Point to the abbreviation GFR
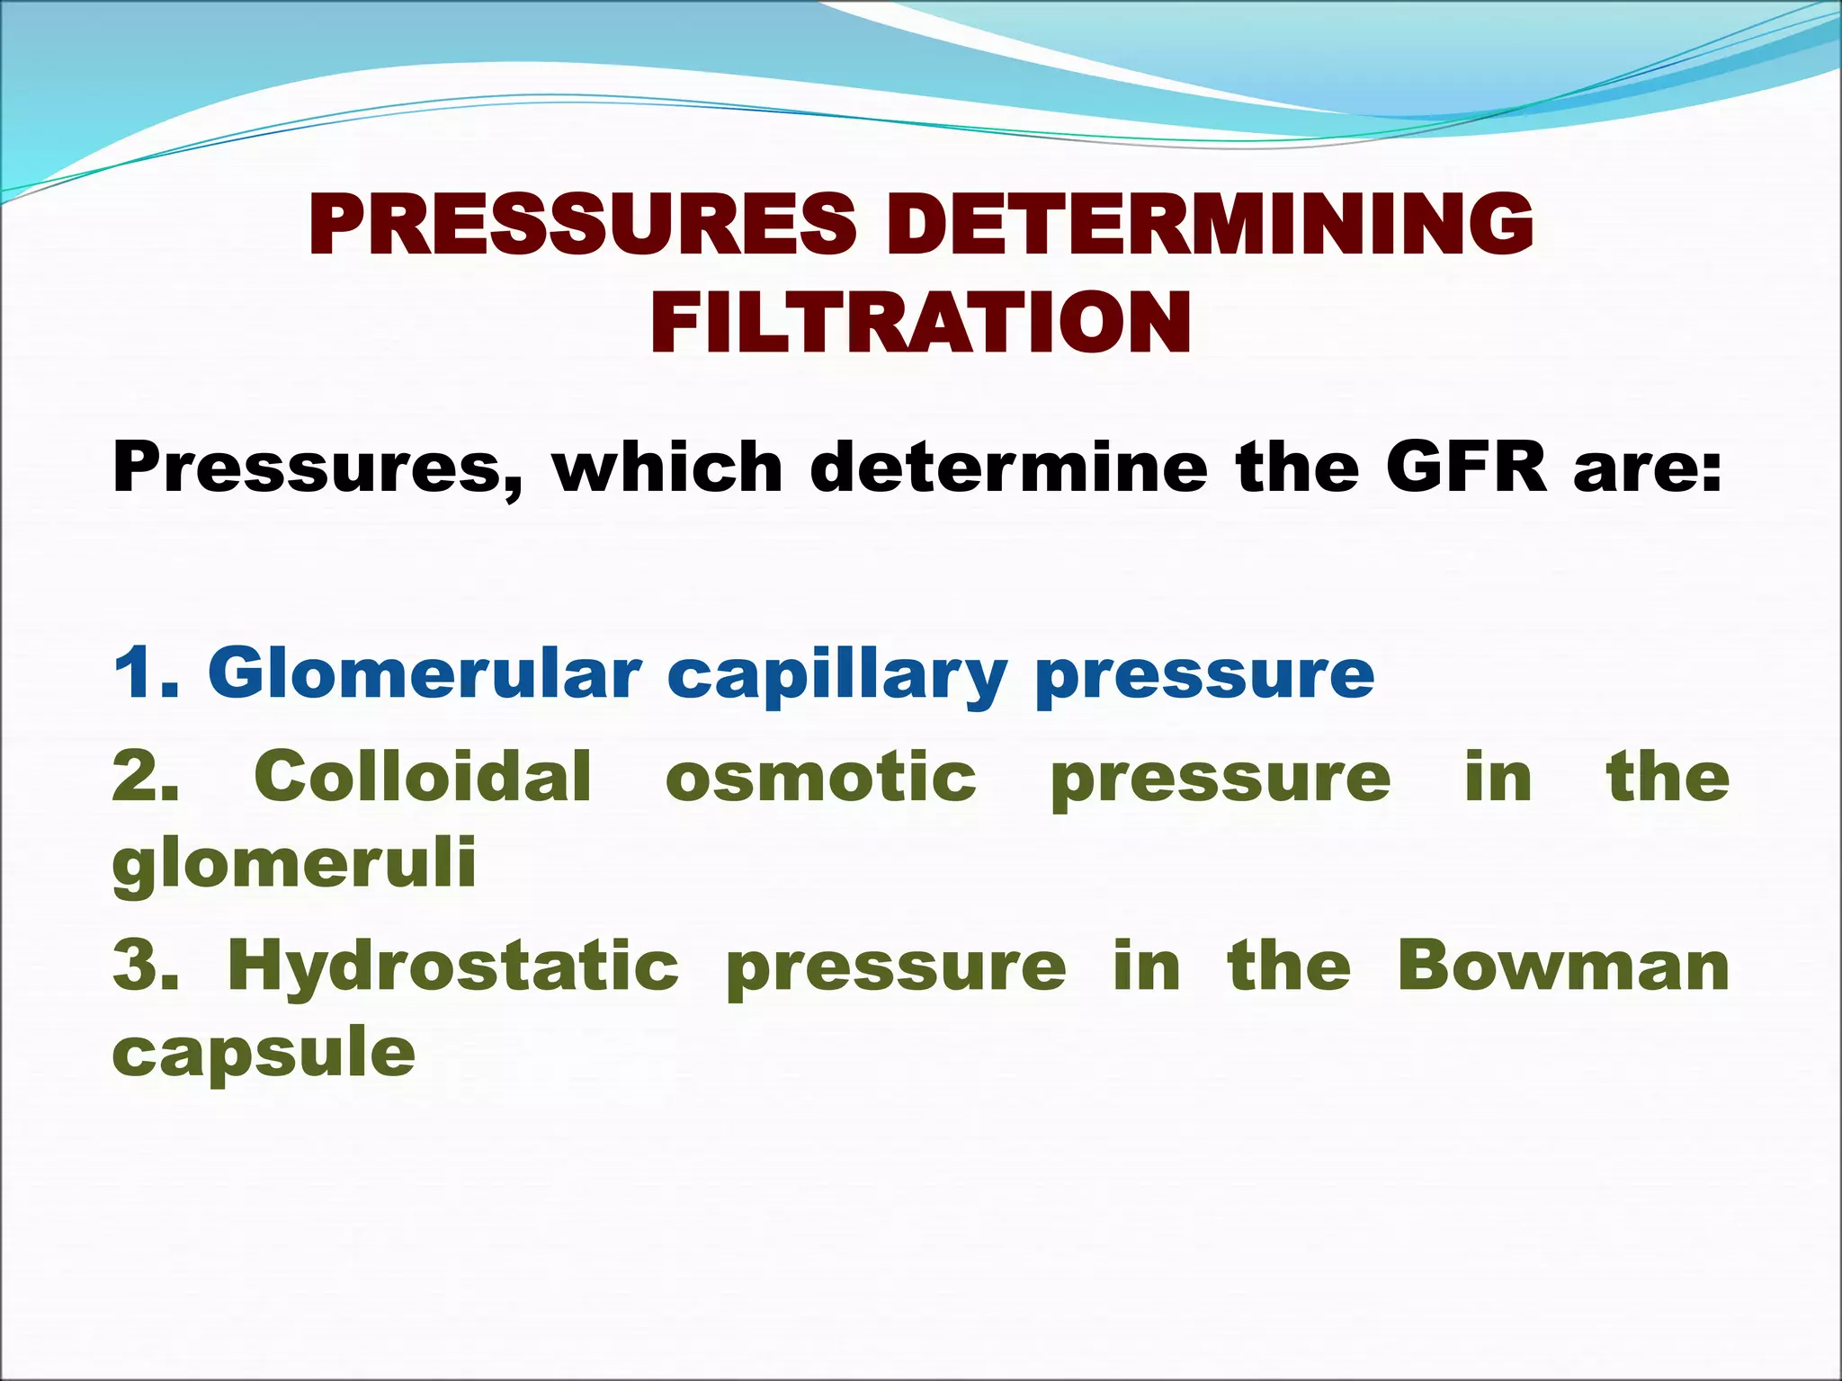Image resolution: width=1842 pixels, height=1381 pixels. click(1466, 468)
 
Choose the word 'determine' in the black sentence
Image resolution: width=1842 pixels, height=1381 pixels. click(1008, 468)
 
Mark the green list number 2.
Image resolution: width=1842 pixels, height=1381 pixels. click(144, 777)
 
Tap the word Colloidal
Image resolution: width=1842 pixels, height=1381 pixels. click(423, 775)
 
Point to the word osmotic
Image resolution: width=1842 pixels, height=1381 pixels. click(820, 777)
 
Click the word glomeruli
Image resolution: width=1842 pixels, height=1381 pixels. click(294, 865)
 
